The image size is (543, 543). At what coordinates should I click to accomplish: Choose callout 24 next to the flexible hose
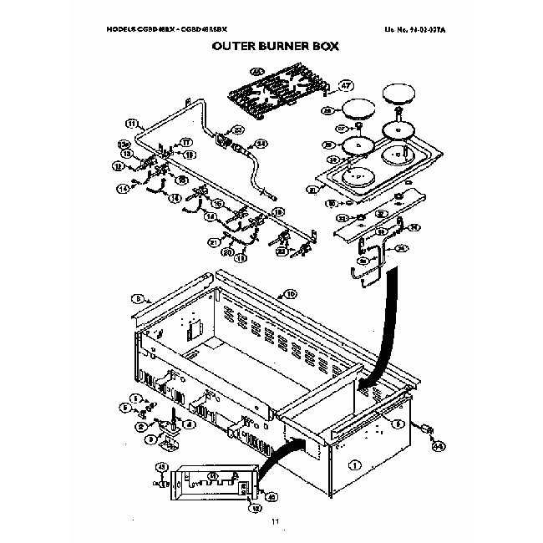[261, 144]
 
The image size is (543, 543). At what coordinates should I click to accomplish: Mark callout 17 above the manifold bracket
[187, 142]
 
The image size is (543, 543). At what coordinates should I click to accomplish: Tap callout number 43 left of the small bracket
[162, 466]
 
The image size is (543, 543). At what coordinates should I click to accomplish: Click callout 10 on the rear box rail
[291, 294]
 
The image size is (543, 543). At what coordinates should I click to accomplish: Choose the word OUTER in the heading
[228, 48]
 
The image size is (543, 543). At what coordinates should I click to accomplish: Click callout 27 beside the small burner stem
[343, 129]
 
